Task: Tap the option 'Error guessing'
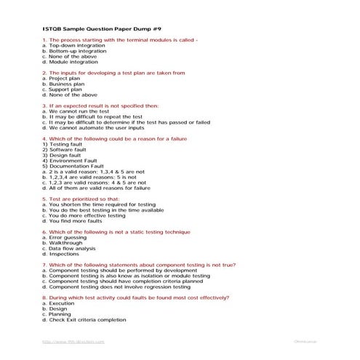[x=65, y=236]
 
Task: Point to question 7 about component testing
[x=139, y=265]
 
